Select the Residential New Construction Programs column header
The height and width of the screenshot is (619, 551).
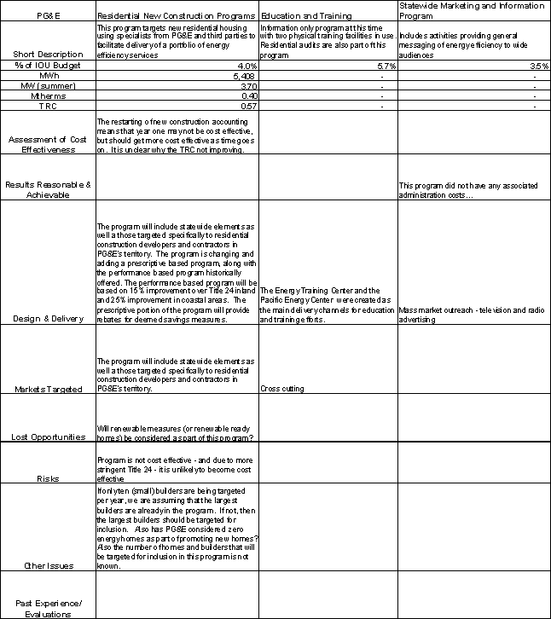176,16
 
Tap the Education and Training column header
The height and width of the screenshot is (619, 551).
301,16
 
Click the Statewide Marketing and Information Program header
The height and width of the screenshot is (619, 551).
471,11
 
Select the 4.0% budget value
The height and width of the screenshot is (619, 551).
246,66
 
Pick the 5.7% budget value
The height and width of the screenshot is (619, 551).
386,66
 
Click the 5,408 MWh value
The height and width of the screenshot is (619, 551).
244,76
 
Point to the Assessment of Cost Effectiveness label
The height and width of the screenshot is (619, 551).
48,143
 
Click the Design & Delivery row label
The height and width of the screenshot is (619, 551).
48,319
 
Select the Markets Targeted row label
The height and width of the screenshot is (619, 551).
48,389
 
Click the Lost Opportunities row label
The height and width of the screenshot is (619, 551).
48,437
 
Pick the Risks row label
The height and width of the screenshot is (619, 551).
48,479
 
